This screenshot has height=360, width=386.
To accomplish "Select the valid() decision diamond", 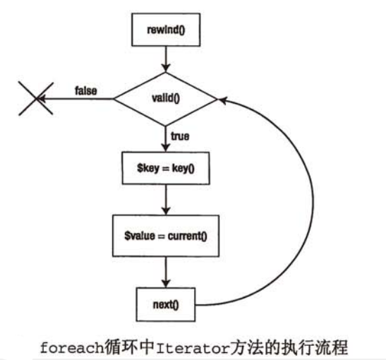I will coord(164,100).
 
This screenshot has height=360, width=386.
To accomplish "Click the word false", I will coord(85,91).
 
